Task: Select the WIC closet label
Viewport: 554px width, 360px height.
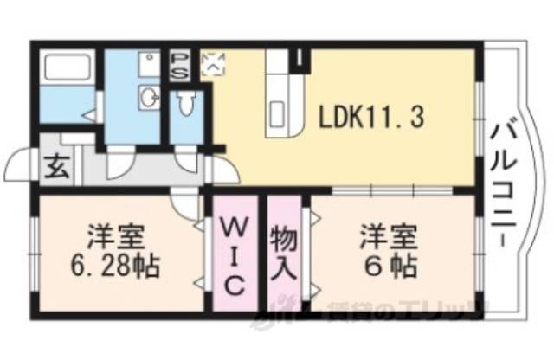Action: pyautogui.click(x=235, y=256)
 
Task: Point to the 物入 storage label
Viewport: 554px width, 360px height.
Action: pyautogui.click(x=285, y=250)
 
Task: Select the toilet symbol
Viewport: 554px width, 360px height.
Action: pyautogui.click(x=185, y=104)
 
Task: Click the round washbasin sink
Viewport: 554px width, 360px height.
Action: pyautogui.click(x=148, y=97)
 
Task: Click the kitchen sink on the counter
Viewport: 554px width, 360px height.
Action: pyautogui.click(x=280, y=112)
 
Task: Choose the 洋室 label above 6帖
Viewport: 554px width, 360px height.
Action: pyautogui.click(x=390, y=235)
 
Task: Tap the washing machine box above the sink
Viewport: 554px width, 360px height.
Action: pyautogui.click(x=149, y=64)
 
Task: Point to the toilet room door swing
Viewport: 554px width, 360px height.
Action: pyautogui.click(x=187, y=159)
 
